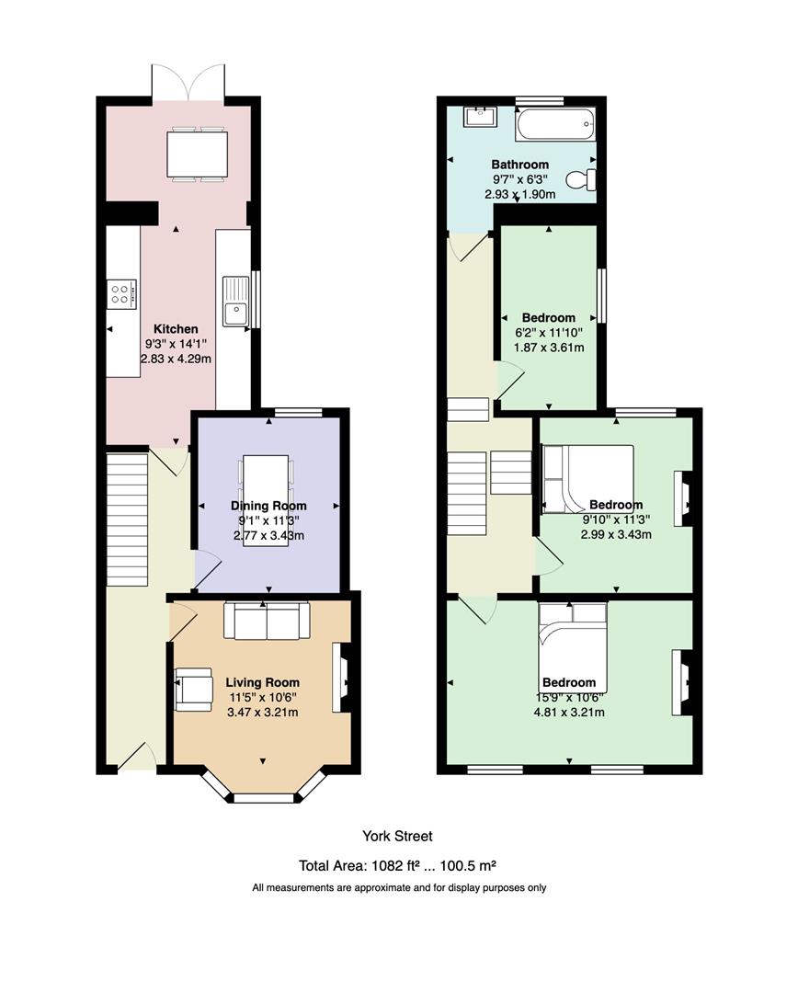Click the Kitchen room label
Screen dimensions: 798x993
tap(176, 328)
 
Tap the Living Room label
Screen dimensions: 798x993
tap(262, 682)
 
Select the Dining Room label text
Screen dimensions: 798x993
tap(268, 506)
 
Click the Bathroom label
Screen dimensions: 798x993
tap(520, 165)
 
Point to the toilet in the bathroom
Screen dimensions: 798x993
tap(581, 179)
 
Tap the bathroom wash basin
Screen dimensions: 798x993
tap(480, 117)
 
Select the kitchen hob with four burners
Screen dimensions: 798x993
tap(121, 294)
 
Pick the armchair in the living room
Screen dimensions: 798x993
tap(193, 689)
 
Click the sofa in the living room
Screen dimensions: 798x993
tap(266, 620)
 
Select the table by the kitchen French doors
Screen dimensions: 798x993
tap(197, 154)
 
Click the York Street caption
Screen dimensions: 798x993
tap(397, 836)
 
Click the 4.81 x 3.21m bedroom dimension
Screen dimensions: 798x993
tap(569, 713)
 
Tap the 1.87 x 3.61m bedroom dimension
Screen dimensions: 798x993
tap(549, 347)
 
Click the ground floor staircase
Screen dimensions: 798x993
tap(127, 519)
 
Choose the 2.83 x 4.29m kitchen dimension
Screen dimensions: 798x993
tap(176, 359)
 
